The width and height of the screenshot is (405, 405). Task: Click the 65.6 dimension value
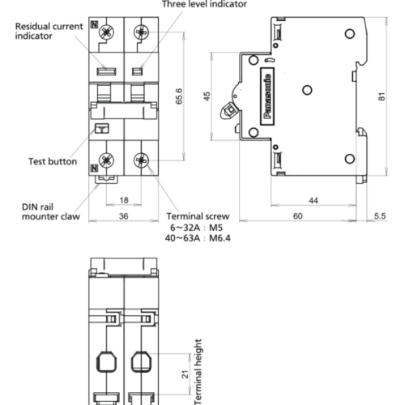[x=179, y=96]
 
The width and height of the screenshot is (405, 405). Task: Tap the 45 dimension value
[x=207, y=96]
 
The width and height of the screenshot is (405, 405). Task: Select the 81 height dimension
[x=382, y=96]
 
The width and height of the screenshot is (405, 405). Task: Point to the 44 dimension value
[x=313, y=201]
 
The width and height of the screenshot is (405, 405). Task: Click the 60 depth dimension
[x=298, y=216]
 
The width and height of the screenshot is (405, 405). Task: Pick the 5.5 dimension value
[x=380, y=216]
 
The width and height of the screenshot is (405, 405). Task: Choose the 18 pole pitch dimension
[x=124, y=200]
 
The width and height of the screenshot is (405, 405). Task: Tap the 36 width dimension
[x=124, y=216]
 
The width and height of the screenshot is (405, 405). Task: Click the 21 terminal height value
[x=185, y=374]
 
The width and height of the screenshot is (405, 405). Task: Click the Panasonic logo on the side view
[x=267, y=96]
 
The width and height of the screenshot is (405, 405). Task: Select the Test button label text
[x=53, y=161]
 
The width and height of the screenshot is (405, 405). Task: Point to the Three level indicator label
[x=204, y=4]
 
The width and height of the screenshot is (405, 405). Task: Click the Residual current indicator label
[x=49, y=31]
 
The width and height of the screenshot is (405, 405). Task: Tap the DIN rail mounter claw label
[x=51, y=211]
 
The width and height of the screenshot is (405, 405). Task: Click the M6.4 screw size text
[x=220, y=238]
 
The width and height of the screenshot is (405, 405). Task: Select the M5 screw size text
[x=216, y=228]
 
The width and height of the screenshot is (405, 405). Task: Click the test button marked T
[x=102, y=129]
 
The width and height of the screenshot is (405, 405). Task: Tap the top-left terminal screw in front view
[x=106, y=32]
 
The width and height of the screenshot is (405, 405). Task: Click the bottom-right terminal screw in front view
[x=141, y=160]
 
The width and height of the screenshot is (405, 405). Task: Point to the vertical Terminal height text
[x=198, y=372]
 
